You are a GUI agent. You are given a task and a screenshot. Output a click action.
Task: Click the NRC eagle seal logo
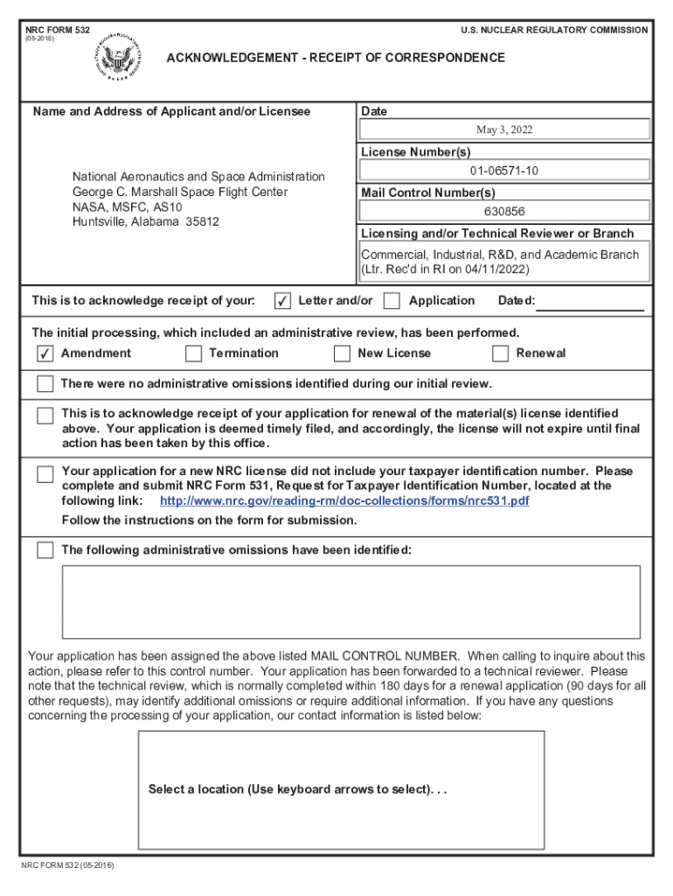(114, 58)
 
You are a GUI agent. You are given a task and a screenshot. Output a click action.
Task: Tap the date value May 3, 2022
(504, 129)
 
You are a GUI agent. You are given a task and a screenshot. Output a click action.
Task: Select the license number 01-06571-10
(504, 170)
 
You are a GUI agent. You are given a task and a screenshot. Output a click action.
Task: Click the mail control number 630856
(504, 211)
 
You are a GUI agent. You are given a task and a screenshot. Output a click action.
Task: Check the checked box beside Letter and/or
(282, 301)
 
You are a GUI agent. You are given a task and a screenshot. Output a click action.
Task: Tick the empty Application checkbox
(392, 301)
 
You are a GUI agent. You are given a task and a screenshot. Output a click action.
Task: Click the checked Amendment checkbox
(45, 353)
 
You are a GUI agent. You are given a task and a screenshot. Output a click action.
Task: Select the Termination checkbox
(193, 353)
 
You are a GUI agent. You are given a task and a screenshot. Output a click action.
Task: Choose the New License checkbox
(342, 353)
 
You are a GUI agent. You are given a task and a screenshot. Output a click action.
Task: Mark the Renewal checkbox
(500, 353)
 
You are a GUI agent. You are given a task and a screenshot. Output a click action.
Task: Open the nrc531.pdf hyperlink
(344, 501)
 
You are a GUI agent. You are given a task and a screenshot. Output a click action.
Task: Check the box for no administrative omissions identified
(45, 384)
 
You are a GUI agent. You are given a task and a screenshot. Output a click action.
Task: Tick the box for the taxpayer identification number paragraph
(45, 474)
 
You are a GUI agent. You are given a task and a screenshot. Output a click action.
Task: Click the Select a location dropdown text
(298, 789)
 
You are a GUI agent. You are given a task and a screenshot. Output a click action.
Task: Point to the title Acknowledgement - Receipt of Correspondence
(336, 58)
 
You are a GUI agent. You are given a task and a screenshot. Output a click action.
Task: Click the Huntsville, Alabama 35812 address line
(145, 222)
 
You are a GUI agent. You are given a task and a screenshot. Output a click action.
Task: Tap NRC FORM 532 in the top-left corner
(58, 30)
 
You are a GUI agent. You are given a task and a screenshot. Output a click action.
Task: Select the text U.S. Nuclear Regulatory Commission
(554, 30)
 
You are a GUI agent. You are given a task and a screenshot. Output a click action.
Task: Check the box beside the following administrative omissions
(45, 550)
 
